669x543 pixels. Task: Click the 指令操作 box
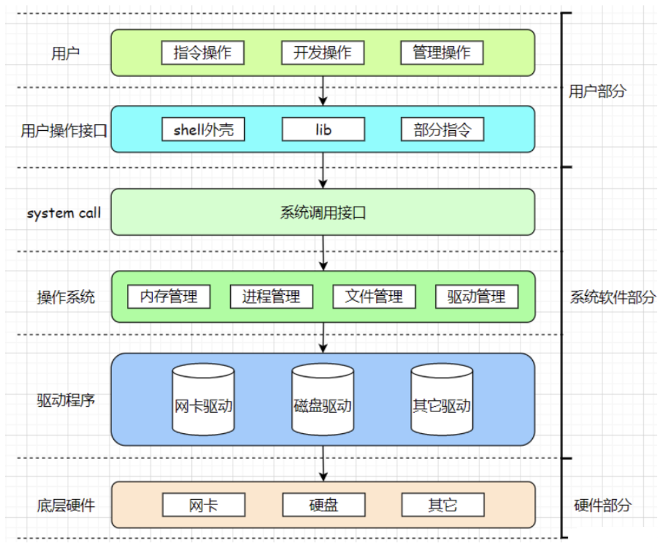[203, 53]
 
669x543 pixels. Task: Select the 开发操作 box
[323, 53]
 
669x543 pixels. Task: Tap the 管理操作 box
[442, 53]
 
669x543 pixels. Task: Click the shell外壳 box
[203, 130]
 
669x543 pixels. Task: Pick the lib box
[323, 130]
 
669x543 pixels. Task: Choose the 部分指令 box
[442, 130]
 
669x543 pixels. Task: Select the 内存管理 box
[169, 296]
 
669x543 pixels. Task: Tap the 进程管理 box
[272, 296]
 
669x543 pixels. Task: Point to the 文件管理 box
[374, 296]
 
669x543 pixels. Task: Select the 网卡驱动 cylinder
[203, 401]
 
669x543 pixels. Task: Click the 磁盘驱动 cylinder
[323, 401]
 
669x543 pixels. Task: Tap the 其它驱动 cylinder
[442, 401]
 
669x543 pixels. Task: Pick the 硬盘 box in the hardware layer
[323, 505]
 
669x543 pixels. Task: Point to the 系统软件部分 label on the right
[612, 297]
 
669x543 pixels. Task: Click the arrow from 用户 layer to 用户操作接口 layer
[323, 91]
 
